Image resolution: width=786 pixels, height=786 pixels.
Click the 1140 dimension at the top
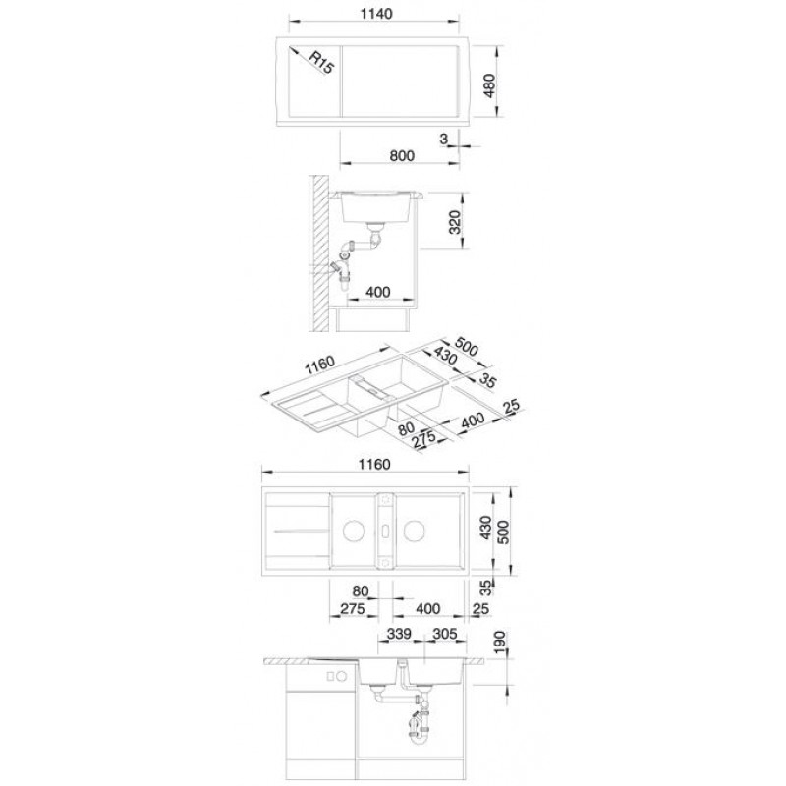(x=376, y=14)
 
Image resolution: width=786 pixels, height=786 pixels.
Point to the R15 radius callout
(x=321, y=62)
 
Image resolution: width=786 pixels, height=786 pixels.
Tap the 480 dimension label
(x=488, y=85)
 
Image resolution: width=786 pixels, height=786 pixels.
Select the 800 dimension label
(x=402, y=156)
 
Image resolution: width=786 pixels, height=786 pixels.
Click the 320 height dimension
(x=454, y=222)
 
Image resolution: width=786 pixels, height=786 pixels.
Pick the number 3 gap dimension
(x=444, y=139)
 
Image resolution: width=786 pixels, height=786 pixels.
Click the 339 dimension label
(x=399, y=634)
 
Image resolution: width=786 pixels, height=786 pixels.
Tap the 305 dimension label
(x=445, y=634)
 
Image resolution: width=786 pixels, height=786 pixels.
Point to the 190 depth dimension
(x=501, y=644)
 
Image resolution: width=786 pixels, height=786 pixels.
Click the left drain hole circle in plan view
(x=354, y=531)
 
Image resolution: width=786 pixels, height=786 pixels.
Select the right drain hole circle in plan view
(x=415, y=531)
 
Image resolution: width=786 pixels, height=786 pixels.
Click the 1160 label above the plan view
(x=374, y=464)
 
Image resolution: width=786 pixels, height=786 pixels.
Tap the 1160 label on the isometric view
(x=320, y=365)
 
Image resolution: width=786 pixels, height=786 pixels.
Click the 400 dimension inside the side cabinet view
(x=378, y=292)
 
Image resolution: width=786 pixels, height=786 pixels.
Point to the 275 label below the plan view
(x=353, y=609)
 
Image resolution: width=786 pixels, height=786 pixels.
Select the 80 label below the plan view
(x=361, y=591)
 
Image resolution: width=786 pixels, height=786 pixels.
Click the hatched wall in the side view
(x=318, y=253)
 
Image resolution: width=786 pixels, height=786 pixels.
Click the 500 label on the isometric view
(x=466, y=347)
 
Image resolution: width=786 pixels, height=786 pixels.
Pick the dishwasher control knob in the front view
(x=342, y=676)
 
